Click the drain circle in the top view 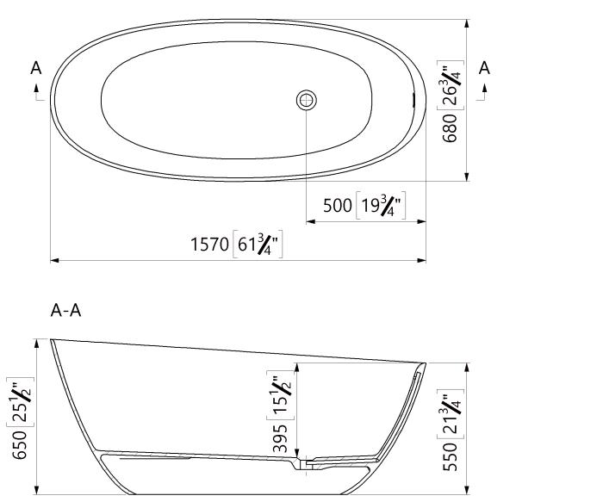(x=306, y=100)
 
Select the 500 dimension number (x=338, y=206)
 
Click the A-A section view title (x=65, y=311)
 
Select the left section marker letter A (x=35, y=68)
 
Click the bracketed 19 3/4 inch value (x=381, y=206)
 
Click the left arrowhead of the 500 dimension (x=310, y=221)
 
